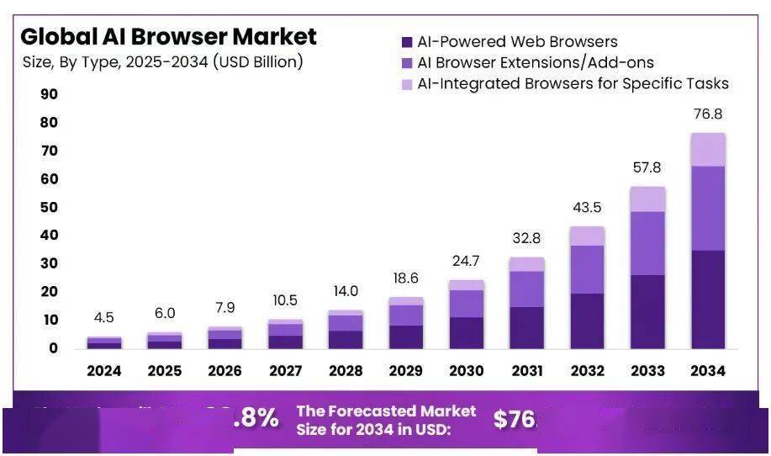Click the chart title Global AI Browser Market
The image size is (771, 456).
click(168, 37)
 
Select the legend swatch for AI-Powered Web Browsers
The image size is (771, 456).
click(408, 42)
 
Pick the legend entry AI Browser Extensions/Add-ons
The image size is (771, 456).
click(535, 62)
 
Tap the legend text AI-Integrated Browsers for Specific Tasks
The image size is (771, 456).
click(573, 83)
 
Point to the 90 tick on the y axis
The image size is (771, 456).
click(49, 94)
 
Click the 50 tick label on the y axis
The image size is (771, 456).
click(49, 207)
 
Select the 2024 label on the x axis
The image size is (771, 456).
click(104, 371)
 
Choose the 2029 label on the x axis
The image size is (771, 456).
click(406, 371)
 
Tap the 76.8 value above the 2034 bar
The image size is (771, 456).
click(707, 114)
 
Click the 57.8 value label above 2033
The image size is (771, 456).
click(647, 168)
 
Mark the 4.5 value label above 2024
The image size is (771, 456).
click(105, 318)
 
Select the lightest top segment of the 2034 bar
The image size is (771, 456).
click(707, 150)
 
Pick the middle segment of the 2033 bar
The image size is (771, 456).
click(647, 243)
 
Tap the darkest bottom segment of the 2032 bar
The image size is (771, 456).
click(587, 321)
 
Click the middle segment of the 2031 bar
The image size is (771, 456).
click(526, 289)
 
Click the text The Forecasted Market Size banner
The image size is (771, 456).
click(385, 420)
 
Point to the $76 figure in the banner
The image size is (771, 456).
click(514, 420)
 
